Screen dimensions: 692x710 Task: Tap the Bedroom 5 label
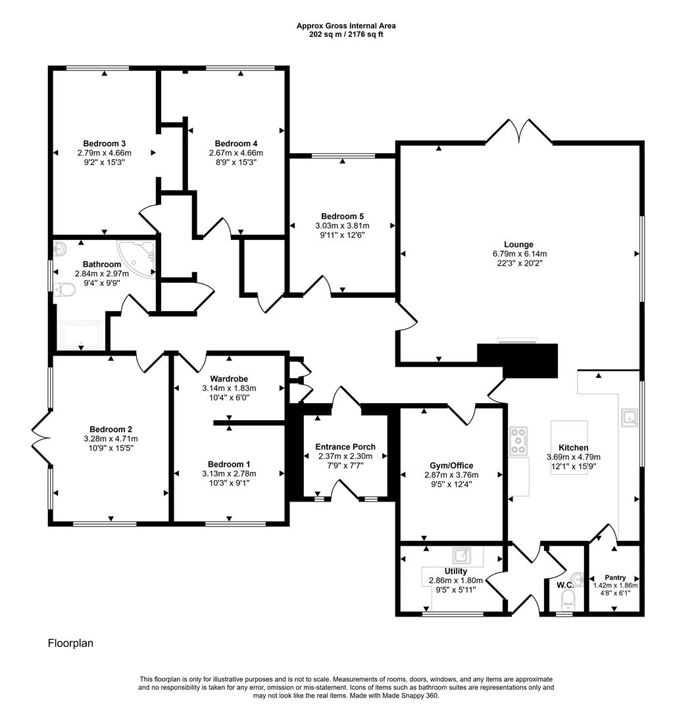342,216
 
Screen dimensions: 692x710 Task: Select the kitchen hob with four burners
519,440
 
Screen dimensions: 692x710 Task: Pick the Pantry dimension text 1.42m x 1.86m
615,585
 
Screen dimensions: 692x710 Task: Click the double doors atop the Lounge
518,130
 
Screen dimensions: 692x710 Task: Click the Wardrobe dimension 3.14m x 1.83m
229,388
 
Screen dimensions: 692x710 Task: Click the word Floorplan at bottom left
70,643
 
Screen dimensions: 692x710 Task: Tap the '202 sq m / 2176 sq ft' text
345,34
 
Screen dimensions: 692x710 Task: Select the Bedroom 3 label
105,143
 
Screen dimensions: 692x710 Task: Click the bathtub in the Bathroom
80,335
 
